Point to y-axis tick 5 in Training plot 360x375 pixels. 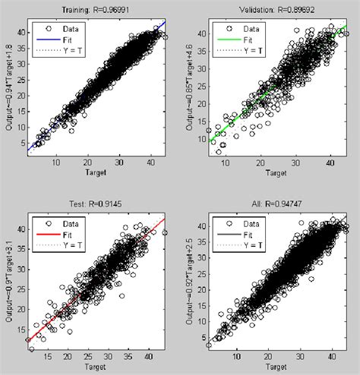[x=21, y=144]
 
